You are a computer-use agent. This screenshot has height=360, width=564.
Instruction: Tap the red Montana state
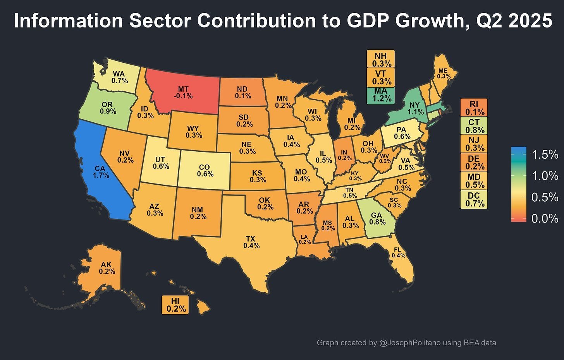coord(182,93)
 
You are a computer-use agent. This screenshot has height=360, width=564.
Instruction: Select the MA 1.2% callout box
coord(381,95)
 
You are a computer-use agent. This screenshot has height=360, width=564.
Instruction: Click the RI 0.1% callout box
coord(474,108)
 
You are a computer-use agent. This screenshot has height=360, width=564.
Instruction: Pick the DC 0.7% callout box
coord(474,199)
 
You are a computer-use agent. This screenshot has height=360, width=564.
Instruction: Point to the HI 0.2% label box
coord(175,305)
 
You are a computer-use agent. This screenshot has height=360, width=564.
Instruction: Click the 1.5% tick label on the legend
coord(545,155)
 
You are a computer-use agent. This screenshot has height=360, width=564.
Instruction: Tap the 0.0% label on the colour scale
coord(545,219)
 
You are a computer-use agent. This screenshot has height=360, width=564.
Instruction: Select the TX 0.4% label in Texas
coord(251,242)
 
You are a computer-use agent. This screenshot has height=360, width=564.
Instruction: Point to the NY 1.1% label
coord(415,108)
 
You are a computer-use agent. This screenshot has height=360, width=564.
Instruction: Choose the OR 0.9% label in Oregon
coord(108,108)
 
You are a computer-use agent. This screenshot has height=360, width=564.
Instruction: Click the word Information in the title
coord(64,21)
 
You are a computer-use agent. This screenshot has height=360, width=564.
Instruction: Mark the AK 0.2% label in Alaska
coord(107,268)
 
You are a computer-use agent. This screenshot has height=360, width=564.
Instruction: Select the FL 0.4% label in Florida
coord(398,252)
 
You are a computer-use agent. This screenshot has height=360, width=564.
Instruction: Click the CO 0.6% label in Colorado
coord(205,171)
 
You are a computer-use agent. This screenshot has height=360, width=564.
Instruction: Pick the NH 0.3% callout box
coord(381,60)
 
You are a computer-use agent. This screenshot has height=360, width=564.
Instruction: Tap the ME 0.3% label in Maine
coord(444,74)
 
